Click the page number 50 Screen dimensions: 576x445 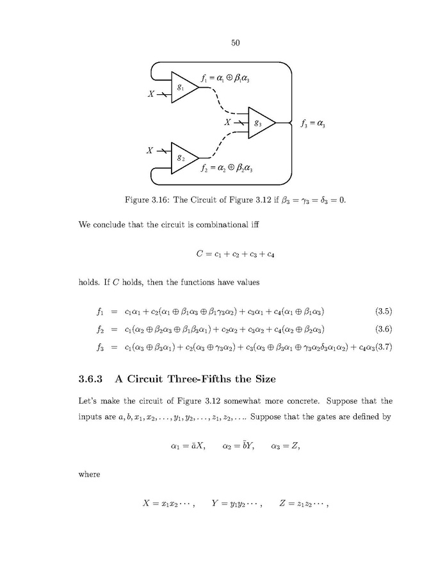click(x=234, y=44)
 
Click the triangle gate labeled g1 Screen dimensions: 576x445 click(x=183, y=88)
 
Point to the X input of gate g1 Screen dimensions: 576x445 click(x=151, y=94)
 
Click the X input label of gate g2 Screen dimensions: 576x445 click(x=149, y=151)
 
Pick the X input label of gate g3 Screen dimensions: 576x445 click(x=227, y=122)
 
